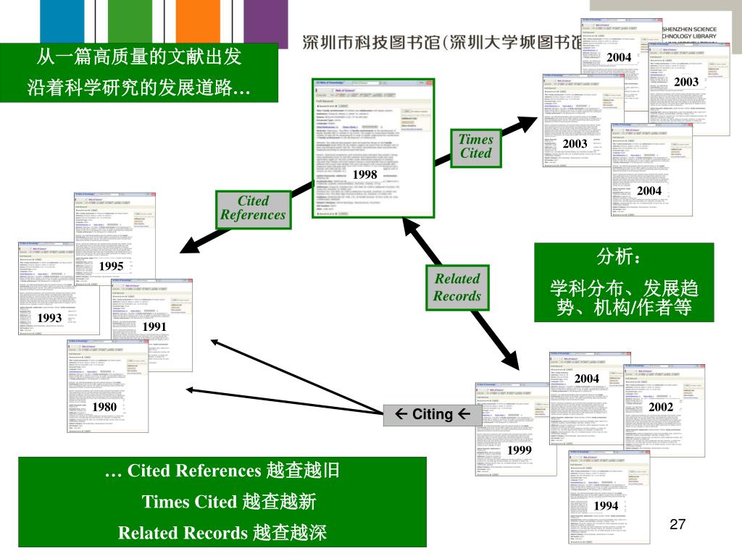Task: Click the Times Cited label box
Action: click(x=475, y=146)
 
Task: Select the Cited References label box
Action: click(x=253, y=208)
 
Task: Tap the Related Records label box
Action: click(x=457, y=287)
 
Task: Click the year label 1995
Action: click(x=112, y=266)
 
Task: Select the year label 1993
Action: click(x=50, y=318)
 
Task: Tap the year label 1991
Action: click(x=154, y=327)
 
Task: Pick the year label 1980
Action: click(x=105, y=407)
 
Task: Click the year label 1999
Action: click(x=520, y=450)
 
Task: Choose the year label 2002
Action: click(x=661, y=408)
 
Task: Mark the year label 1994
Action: click(x=606, y=505)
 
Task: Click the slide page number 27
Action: click(x=678, y=525)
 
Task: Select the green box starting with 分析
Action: click(x=624, y=282)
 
